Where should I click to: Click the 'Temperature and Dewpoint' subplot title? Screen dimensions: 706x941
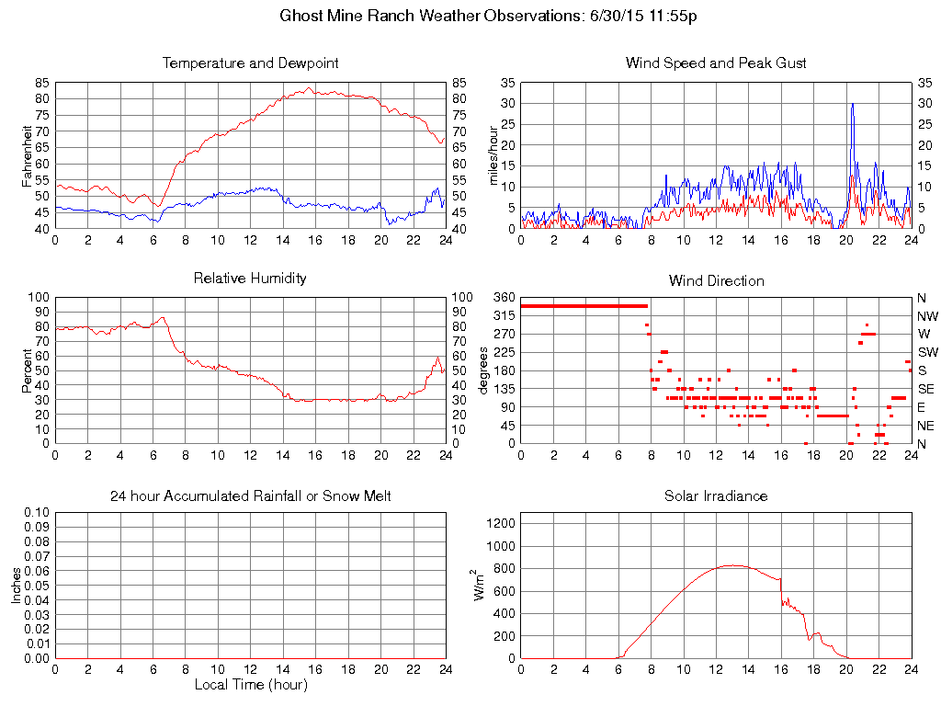(250, 63)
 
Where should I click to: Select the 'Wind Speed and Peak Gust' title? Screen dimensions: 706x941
(716, 63)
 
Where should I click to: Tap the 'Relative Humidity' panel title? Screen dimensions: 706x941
(250, 278)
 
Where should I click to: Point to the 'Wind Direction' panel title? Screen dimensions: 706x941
(716, 280)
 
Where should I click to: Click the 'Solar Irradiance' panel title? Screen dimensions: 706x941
(716, 496)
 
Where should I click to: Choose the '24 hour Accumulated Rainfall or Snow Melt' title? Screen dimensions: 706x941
(250, 496)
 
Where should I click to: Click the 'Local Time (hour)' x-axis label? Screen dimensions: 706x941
(250, 685)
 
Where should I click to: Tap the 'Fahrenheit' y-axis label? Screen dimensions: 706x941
(28, 155)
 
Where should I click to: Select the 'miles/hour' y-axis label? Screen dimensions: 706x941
(493, 155)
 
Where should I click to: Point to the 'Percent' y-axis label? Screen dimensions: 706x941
(28, 370)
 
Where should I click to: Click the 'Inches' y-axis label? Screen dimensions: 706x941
(17, 586)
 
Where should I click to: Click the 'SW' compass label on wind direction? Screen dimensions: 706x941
(927, 352)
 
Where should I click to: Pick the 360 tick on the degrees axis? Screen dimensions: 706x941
(505, 298)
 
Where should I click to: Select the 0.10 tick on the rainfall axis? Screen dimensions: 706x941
(38, 512)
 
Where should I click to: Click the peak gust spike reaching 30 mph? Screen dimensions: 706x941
(853, 104)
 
